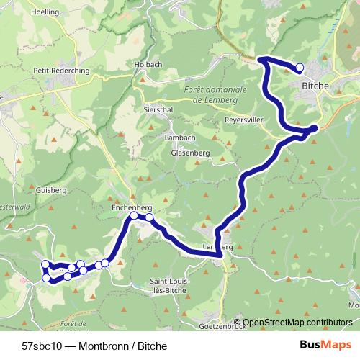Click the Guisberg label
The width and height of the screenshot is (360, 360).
pos(50,191)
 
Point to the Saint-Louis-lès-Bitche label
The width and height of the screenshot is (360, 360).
pos(171,284)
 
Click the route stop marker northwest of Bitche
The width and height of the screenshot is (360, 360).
pos(300,68)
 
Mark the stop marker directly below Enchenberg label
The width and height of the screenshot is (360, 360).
pos(134,216)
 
